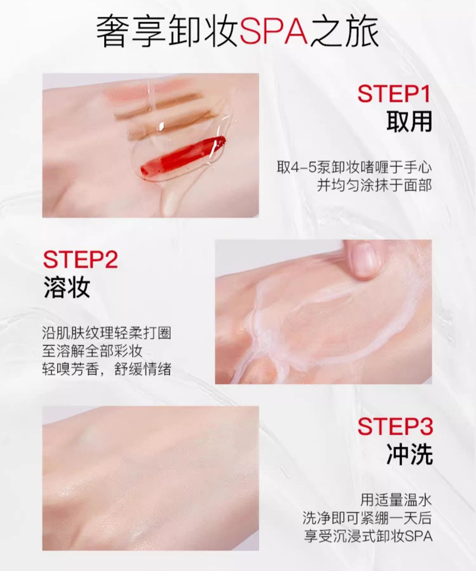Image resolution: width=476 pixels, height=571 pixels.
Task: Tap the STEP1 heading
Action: pos(394,94)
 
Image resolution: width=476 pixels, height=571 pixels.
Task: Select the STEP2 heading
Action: pos(80,259)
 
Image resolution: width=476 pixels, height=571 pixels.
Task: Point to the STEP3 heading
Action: pos(395,426)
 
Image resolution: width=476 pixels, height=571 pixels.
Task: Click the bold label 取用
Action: pos(409,121)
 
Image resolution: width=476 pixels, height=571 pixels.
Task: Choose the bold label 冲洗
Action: pos(409,454)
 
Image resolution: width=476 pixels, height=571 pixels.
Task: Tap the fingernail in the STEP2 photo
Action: pos(365,259)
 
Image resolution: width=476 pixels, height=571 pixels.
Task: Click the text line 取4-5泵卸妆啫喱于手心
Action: pos(355,168)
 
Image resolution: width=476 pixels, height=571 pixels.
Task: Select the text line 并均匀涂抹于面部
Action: pos(374,186)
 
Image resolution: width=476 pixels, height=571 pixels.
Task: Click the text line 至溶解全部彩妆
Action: pos(92,352)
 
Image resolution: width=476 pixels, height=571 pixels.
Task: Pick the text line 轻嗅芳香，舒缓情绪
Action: pos(107,370)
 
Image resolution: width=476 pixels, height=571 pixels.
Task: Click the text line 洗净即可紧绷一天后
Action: pos(368,518)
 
